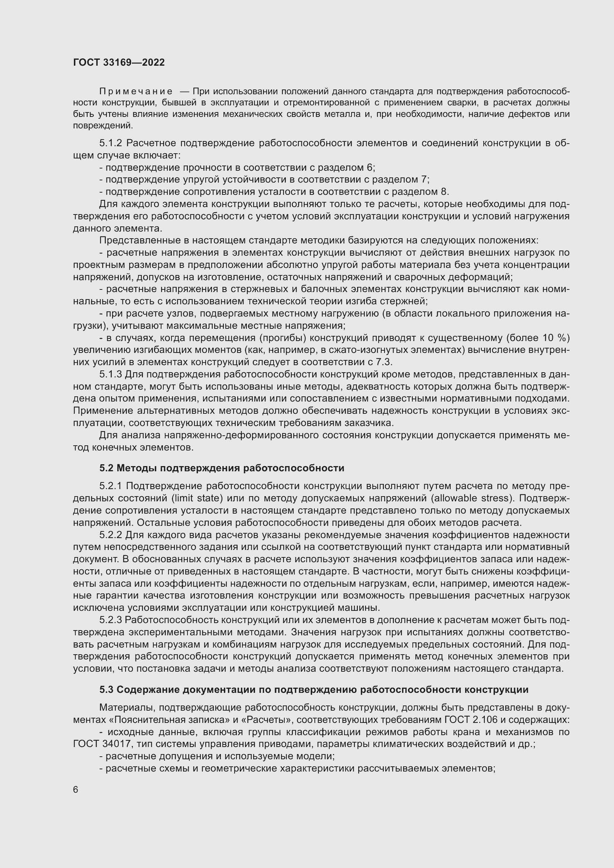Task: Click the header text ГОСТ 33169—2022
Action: [119, 62]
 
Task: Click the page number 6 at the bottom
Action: [76, 790]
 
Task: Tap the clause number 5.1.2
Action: [110, 143]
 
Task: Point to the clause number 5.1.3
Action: [110, 374]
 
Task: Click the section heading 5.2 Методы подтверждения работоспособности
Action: [222, 468]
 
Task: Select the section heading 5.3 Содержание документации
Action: [314, 690]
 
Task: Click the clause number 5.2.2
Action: [111, 535]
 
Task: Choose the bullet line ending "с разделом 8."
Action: [274, 191]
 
